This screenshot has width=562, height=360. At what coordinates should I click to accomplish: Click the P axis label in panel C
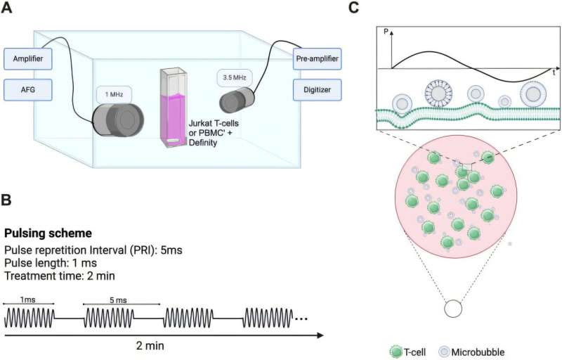tap(386, 32)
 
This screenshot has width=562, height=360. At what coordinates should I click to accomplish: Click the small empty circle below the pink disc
tap(453, 309)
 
